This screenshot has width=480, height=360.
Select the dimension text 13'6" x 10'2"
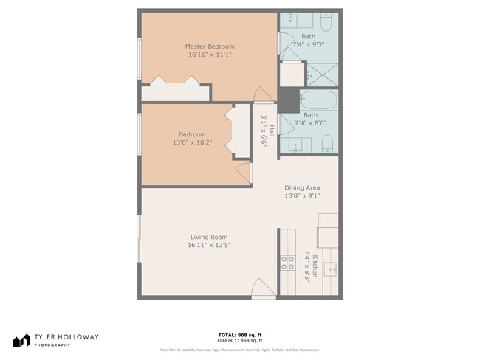(x=192, y=143)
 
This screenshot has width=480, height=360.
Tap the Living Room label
(x=209, y=237)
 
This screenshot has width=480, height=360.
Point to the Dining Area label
(x=302, y=187)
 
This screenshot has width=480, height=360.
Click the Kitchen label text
(x=315, y=266)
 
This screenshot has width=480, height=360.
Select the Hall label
(x=272, y=131)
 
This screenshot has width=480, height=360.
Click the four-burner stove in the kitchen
(x=287, y=264)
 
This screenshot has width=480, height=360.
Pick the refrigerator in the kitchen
(x=328, y=231)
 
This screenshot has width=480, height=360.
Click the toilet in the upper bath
(x=328, y=21)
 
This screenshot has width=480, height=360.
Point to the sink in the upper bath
(x=291, y=18)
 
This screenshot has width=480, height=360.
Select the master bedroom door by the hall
(x=264, y=94)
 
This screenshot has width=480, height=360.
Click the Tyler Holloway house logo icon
(x=22, y=340)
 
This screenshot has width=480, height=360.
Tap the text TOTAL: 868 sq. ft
(x=239, y=334)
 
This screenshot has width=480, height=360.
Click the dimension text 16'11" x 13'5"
(x=209, y=245)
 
